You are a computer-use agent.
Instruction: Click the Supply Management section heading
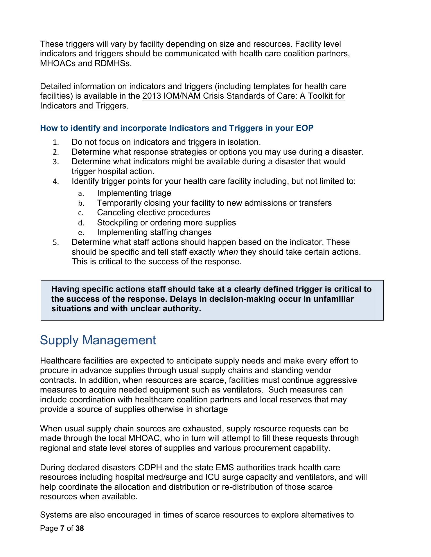click(x=98, y=340)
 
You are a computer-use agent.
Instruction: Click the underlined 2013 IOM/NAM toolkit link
click(x=243, y=96)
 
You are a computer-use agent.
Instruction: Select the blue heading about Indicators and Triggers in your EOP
click(x=177, y=128)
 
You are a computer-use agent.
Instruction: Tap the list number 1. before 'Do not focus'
click(x=56, y=142)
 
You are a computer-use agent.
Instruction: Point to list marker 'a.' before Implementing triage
click(x=81, y=193)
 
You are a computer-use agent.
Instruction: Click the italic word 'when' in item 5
click(x=228, y=252)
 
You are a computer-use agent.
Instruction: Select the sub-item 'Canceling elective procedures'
click(x=153, y=212)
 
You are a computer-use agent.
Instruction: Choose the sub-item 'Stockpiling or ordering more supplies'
click(x=166, y=223)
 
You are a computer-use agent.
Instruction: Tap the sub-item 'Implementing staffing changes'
click(x=154, y=232)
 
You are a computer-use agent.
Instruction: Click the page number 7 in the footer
click(x=62, y=528)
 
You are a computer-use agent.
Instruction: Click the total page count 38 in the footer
click(x=80, y=528)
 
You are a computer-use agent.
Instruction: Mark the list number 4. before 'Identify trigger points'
click(x=56, y=182)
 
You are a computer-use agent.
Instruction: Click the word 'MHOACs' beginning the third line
click(x=58, y=63)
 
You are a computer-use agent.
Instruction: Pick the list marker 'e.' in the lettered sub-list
click(x=81, y=233)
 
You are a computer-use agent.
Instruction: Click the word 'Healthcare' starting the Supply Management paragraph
click(x=60, y=361)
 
